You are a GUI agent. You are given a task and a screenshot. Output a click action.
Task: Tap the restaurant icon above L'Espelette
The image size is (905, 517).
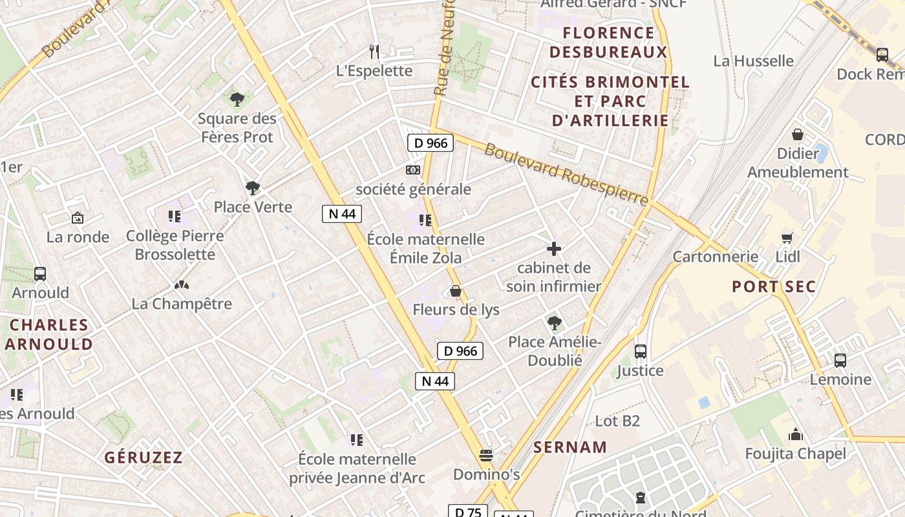coord(374,51)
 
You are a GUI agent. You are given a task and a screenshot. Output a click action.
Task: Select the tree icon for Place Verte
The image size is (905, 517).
coord(253,188)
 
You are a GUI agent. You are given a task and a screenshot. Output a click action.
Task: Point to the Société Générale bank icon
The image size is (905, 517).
coord(413,170)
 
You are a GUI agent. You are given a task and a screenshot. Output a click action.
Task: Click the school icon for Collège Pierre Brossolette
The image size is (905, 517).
coord(174,216)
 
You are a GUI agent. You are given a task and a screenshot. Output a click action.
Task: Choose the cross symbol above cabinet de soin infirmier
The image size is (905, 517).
coord(554,248)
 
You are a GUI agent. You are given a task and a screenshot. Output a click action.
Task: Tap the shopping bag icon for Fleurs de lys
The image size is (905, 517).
coord(456,291)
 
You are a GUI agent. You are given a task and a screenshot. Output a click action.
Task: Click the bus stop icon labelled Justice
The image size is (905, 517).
coord(641,352)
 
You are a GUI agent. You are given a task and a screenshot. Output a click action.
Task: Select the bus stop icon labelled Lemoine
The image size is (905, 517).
coord(840,361)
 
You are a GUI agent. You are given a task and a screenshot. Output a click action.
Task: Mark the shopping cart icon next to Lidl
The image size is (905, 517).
coord(787,237)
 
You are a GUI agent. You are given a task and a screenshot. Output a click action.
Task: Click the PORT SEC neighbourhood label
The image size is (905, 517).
coord(774,286)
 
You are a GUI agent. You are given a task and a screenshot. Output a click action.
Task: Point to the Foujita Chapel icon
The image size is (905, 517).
coord(795,434)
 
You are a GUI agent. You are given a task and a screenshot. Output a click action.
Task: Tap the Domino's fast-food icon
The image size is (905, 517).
coord(486,456)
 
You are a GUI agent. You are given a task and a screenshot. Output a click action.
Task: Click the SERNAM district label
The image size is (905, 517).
coord(570,447)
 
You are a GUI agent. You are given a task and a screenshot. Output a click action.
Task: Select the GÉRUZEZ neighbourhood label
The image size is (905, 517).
coord(144,458)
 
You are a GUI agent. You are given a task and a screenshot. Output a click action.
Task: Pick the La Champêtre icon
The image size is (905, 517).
coord(182,284)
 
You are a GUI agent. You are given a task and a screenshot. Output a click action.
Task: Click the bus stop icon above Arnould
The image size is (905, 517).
coord(40,273)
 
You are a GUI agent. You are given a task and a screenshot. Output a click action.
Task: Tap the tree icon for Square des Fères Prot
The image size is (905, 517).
coord(237,99)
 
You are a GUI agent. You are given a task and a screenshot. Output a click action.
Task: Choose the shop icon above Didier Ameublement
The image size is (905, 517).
coord(798,134)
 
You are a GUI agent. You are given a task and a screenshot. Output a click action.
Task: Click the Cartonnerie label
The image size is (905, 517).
coord(716,257)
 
